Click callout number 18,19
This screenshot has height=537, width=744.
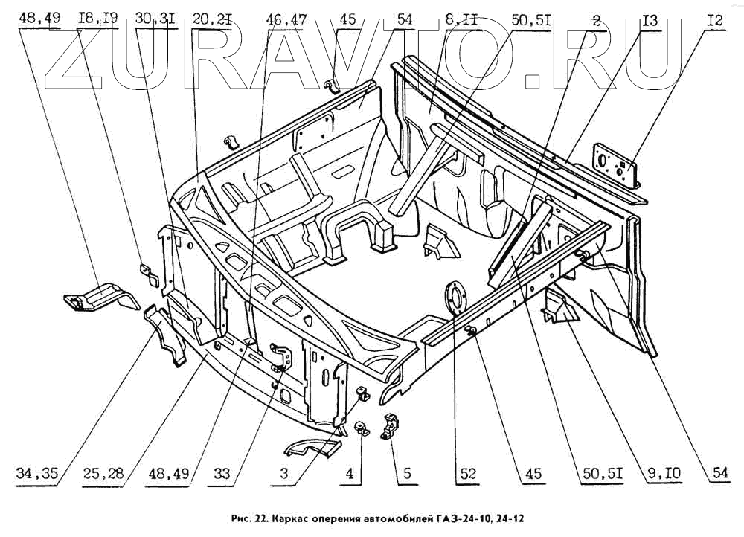[97, 19]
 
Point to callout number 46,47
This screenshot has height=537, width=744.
[286, 19]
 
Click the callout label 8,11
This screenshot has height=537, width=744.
[463, 19]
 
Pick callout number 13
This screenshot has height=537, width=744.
[650, 19]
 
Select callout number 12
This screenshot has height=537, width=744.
[715, 19]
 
